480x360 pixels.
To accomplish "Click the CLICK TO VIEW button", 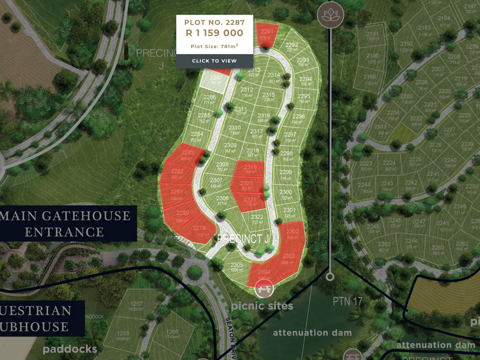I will [x=214, y=61].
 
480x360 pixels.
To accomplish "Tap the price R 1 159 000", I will [x=214, y=34].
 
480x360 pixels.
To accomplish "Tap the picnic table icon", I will [x=263, y=289].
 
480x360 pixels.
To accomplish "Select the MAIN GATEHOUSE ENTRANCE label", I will [x=66, y=223].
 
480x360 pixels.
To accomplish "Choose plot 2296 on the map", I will [x=298, y=118].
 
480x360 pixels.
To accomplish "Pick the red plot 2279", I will [x=200, y=230].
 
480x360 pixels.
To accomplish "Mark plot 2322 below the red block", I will [x=257, y=218].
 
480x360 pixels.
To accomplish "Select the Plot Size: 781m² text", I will [x=214, y=45].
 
